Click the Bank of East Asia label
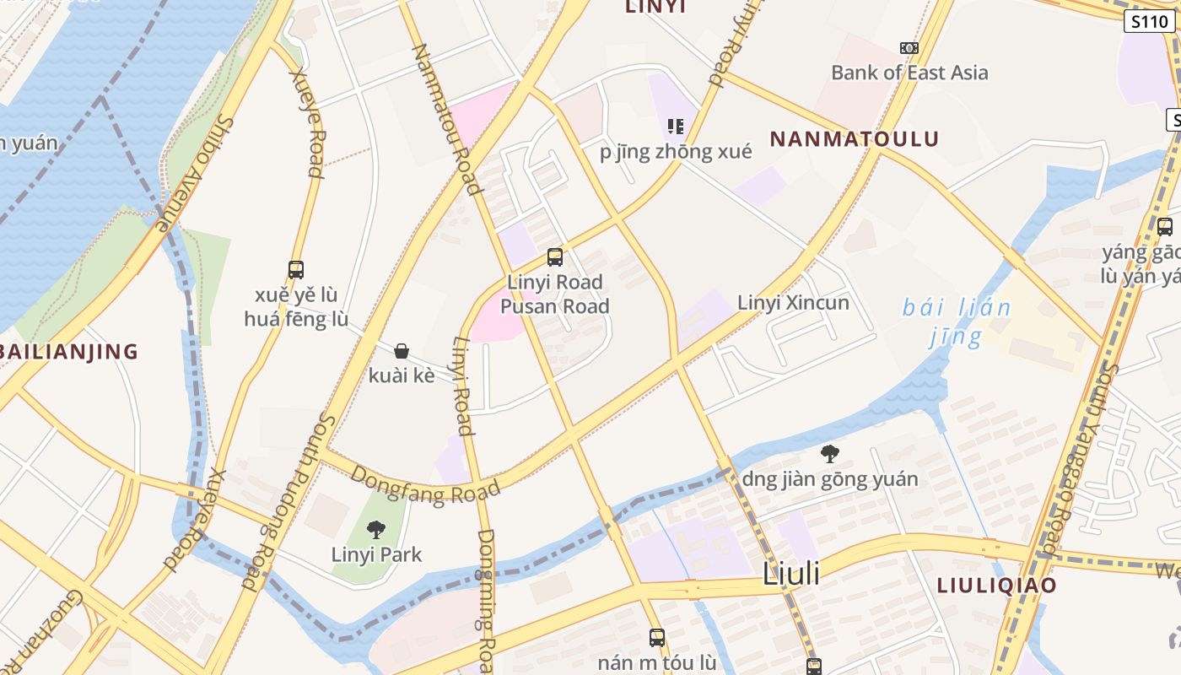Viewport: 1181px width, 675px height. coord(909,73)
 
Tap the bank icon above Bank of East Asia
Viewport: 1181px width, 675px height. coord(909,48)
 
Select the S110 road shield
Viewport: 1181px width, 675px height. coord(1149,22)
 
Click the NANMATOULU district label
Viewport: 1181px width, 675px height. coord(855,139)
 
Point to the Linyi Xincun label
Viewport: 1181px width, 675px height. coord(793,302)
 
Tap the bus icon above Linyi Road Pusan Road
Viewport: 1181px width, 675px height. coord(554,257)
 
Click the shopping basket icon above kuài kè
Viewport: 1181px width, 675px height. coord(402,351)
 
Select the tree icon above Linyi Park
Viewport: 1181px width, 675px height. coord(376,530)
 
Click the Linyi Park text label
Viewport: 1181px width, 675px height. coord(376,554)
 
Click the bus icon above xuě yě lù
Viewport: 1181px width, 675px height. coord(295,270)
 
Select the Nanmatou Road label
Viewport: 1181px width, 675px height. coord(446,119)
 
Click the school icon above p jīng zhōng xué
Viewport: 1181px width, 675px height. coord(675,127)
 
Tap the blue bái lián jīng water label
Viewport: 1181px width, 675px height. coord(957,321)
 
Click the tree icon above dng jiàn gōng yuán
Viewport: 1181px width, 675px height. coord(830,454)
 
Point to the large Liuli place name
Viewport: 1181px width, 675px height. coord(790,574)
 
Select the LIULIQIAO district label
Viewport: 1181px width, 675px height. coord(996,586)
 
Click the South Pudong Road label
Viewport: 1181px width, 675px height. coord(288,503)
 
